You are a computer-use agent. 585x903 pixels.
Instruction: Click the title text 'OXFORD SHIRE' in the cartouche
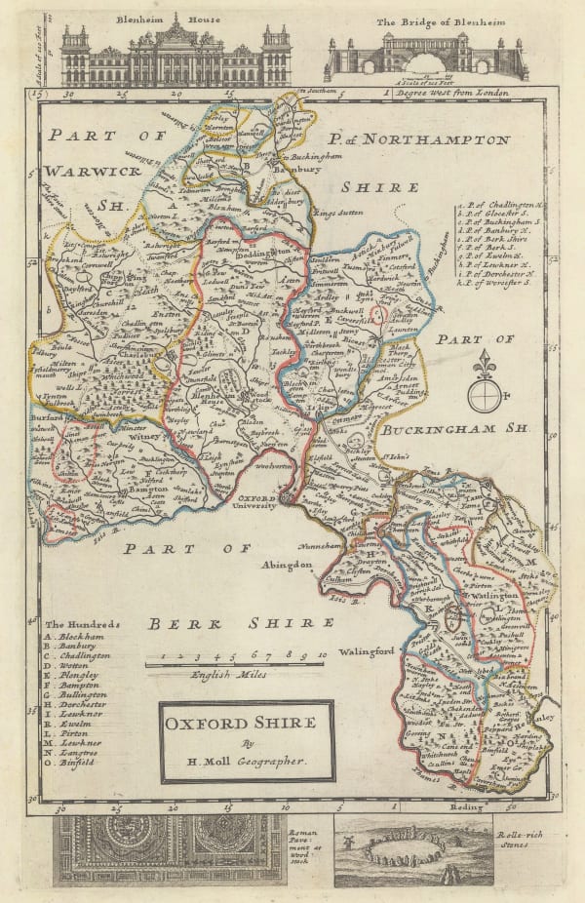[x=240, y=723]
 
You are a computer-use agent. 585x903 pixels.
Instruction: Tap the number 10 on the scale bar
[x=321, y=656]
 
